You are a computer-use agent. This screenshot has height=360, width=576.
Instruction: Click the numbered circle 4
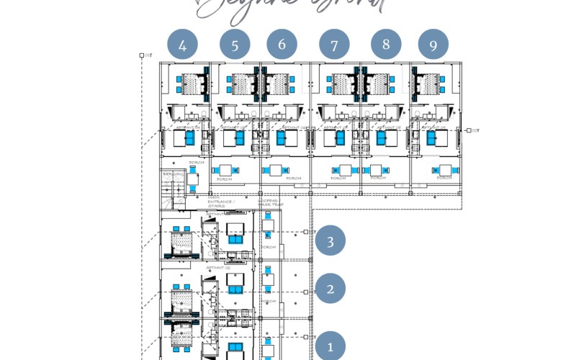click(x=183, y=45)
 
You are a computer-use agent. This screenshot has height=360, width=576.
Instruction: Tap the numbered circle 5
click(x=235, y=45)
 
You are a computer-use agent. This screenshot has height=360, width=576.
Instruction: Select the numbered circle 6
click(x=282, y=44)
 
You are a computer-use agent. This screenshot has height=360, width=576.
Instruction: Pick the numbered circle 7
click(x=334, y=45)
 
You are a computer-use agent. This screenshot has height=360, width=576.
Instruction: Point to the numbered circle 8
click(x=386, y=44)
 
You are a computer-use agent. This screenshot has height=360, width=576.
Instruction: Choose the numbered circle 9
click(x=433, y=45)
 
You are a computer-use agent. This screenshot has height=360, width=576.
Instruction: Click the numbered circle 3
click(x=330, y=241)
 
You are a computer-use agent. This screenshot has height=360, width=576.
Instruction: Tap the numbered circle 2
click(x=330, y=289)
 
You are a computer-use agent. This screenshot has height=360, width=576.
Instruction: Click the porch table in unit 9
click(x=445, y=170)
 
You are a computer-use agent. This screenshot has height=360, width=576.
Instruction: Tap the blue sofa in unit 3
click(x=235, y=239)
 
